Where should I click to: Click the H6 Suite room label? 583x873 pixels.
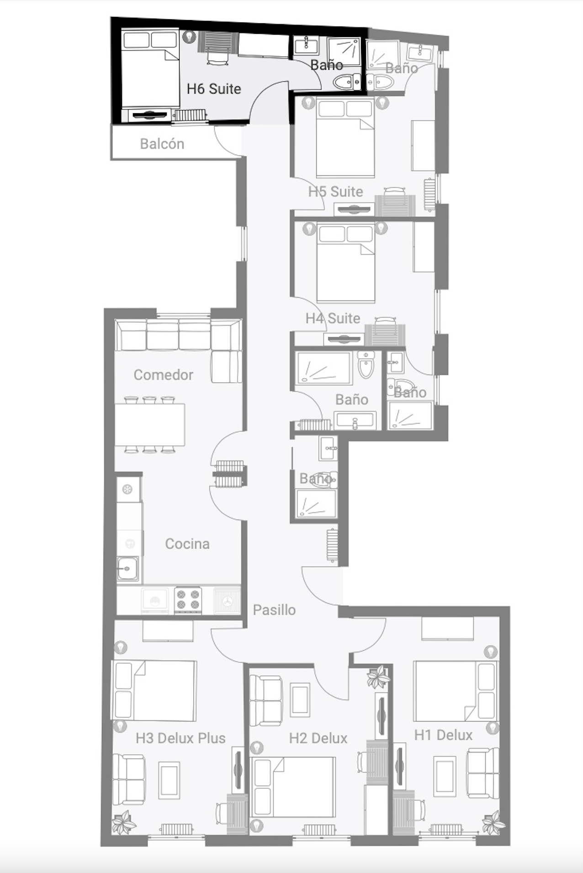click(x=214, y=89)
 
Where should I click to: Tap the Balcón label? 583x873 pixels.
click(x=162, y=144)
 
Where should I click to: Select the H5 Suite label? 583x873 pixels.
click(x=336, y=191)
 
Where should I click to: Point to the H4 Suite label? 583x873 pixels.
click(x=333, y=318)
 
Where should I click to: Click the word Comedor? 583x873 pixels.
click(x=164, y=375)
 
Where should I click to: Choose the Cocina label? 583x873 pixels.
click(x=187, y=544)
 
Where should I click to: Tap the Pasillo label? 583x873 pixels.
click(x=274, y=610)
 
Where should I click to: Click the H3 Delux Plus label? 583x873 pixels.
click(x=181, y=738)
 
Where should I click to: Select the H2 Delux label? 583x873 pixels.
click(x=318, y=738)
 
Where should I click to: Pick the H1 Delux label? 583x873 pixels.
click(x=443, y=735)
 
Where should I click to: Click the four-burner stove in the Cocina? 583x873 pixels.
click(x=188, y=600)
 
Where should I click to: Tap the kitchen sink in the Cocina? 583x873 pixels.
click(x=128, y=569)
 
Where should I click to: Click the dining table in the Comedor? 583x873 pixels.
click(x=150, y=425)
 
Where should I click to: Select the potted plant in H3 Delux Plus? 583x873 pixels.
click(x=124, y=822)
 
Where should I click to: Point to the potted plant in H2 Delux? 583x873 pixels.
click(x=378, y=677)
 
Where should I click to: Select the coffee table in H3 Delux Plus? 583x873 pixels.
click(x=169, y=780)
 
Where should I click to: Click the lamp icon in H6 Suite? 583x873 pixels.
click(x=189, y=37)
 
